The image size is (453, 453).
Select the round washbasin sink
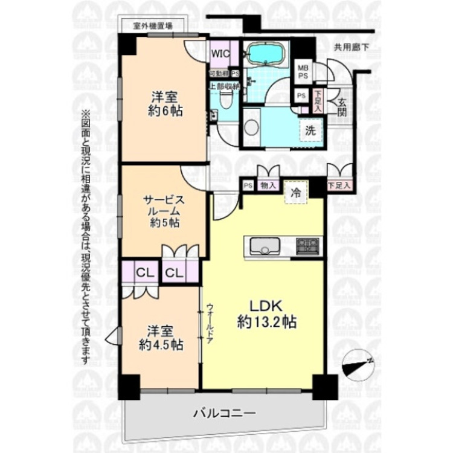pos(251,128)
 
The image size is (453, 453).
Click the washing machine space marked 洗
pos(309,130)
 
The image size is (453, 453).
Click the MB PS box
pos(302,72)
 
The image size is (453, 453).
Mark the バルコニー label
pos(225,414)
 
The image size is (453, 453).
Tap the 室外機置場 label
pos(153,26)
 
